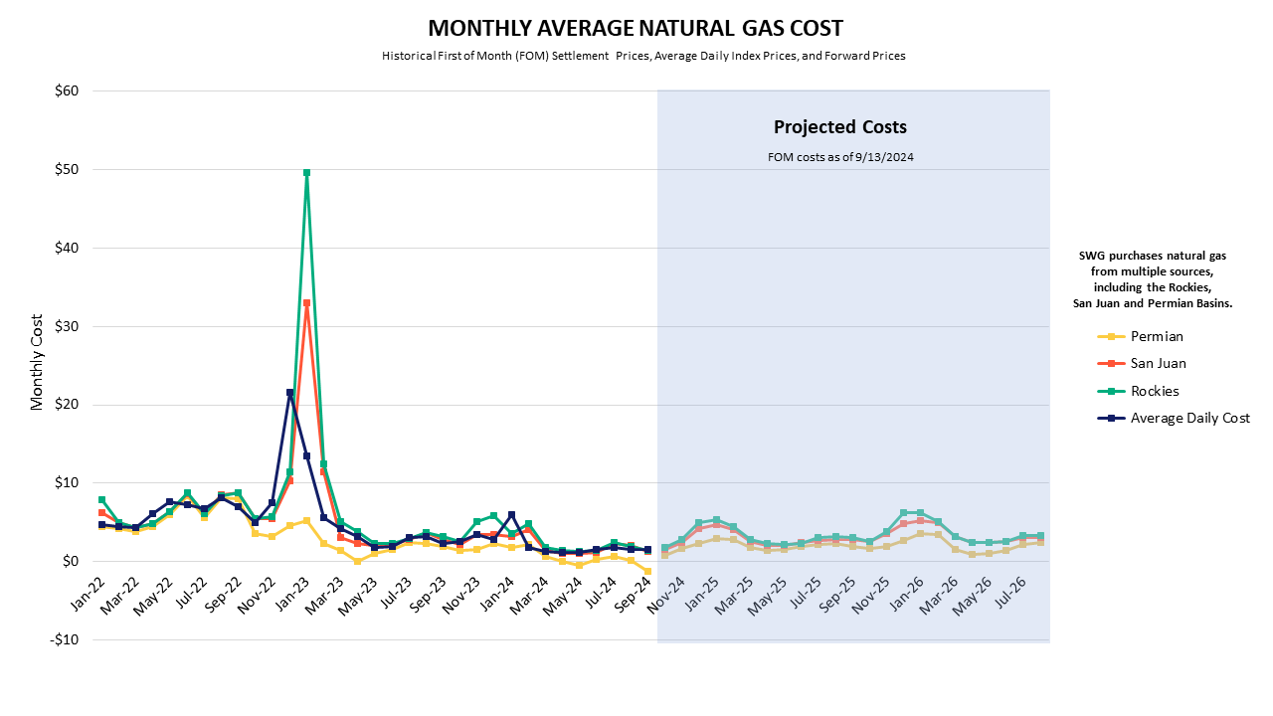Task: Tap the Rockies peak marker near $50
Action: click(306, 172)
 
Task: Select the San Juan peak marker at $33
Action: click(306, 303)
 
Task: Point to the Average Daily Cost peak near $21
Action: click(289, 393)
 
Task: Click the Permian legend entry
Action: click(1156, 336)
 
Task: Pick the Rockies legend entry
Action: click(1155, 391)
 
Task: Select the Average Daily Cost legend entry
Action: click(1189, 418)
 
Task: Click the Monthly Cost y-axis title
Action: click(38, 362)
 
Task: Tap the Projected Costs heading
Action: click(840, 127)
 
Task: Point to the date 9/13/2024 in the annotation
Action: click(885, 157)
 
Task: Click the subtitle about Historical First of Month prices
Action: click(643, 56)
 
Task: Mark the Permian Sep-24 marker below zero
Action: click(647, 572)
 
